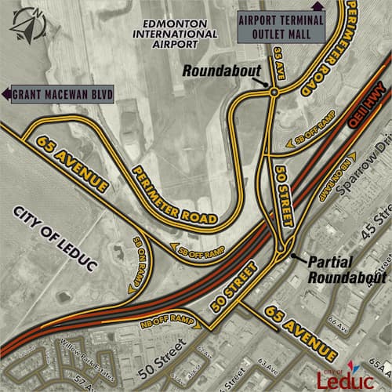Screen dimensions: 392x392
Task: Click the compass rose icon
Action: point(26,22)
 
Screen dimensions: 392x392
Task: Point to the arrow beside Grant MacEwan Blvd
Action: point(6,96)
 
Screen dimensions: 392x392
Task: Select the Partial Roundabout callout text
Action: point(346,270)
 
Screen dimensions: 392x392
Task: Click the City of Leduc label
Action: point(55,238)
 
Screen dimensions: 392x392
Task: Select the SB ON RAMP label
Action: point(140,255)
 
